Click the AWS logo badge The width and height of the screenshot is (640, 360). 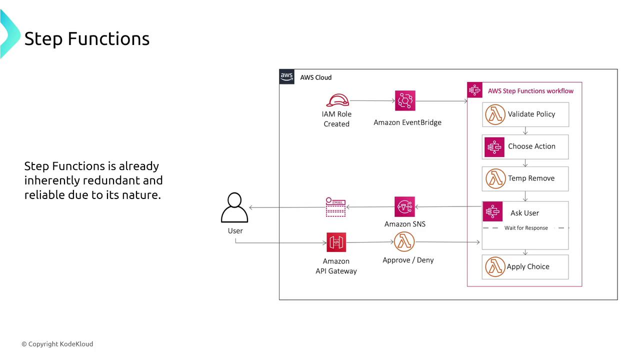tap(287, 77)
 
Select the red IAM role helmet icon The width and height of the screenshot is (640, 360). tap(337, 100)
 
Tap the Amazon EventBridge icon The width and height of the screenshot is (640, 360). tap(405, 100)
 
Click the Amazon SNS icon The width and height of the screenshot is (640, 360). tap(404, 207)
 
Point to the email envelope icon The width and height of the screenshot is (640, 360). tap(335, 207)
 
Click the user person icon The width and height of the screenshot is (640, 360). tap(234, 207)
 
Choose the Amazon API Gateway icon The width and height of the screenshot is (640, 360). tap(336, 242)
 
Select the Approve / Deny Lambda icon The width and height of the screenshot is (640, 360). tap(404, 242)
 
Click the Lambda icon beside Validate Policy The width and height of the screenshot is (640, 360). tap(495, 114)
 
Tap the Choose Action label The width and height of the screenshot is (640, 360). tap(531, 146)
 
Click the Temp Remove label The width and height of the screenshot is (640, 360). tap(531, 178)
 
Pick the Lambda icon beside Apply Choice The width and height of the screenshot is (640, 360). tap(495, 267)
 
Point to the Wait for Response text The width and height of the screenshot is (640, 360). tap(526, 228)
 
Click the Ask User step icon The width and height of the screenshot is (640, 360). tap(493, 212)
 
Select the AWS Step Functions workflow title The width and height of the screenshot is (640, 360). tap(530, 91)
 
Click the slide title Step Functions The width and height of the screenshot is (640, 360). tap(87, 38)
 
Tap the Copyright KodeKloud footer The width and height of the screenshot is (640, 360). tap(57, 344)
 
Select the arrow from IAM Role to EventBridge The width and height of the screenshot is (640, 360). tap(372, 100)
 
